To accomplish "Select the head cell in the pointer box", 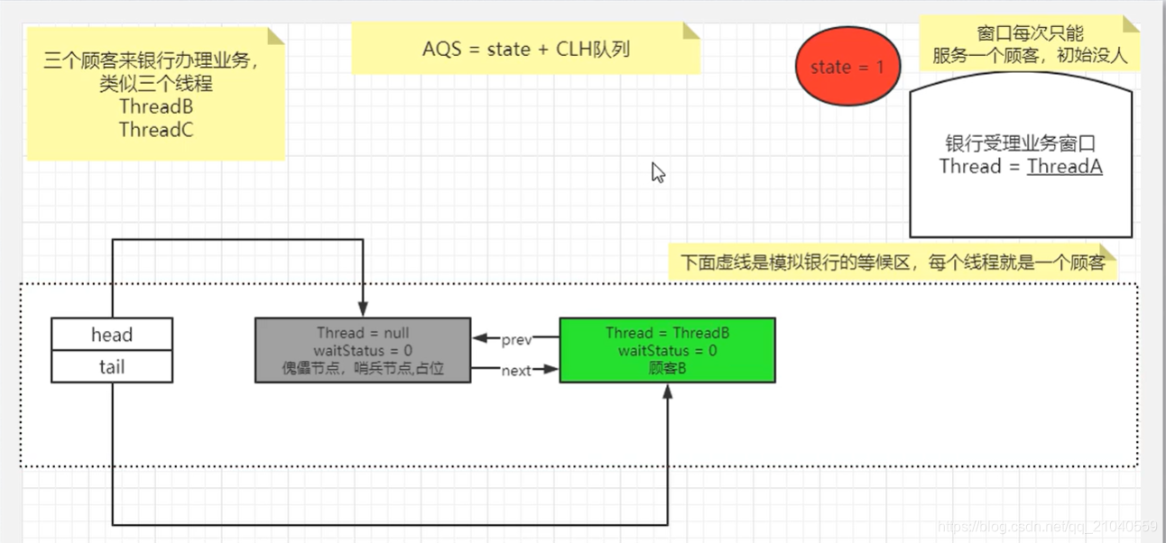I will point(112,335).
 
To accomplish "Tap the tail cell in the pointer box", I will point(112,367).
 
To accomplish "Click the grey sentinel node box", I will point(363,350).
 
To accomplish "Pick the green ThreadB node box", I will point(667,350).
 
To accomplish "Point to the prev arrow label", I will point(516,340).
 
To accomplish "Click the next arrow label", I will point(516,370).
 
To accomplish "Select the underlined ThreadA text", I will point(1064,166).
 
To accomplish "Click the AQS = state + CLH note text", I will point(525,49).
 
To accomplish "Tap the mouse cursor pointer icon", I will point(658,172).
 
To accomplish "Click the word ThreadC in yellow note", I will point(156,130).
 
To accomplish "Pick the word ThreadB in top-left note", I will point(156,106).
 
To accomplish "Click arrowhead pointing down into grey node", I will point(362,309).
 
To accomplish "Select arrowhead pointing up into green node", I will point(668,391).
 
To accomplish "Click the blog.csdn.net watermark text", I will point(1047,526).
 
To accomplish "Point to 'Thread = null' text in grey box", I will point(363,333).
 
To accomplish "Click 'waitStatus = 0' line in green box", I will point(667,350).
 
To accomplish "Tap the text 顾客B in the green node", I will point(667,367).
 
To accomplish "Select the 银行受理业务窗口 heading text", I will point(1020,144).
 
